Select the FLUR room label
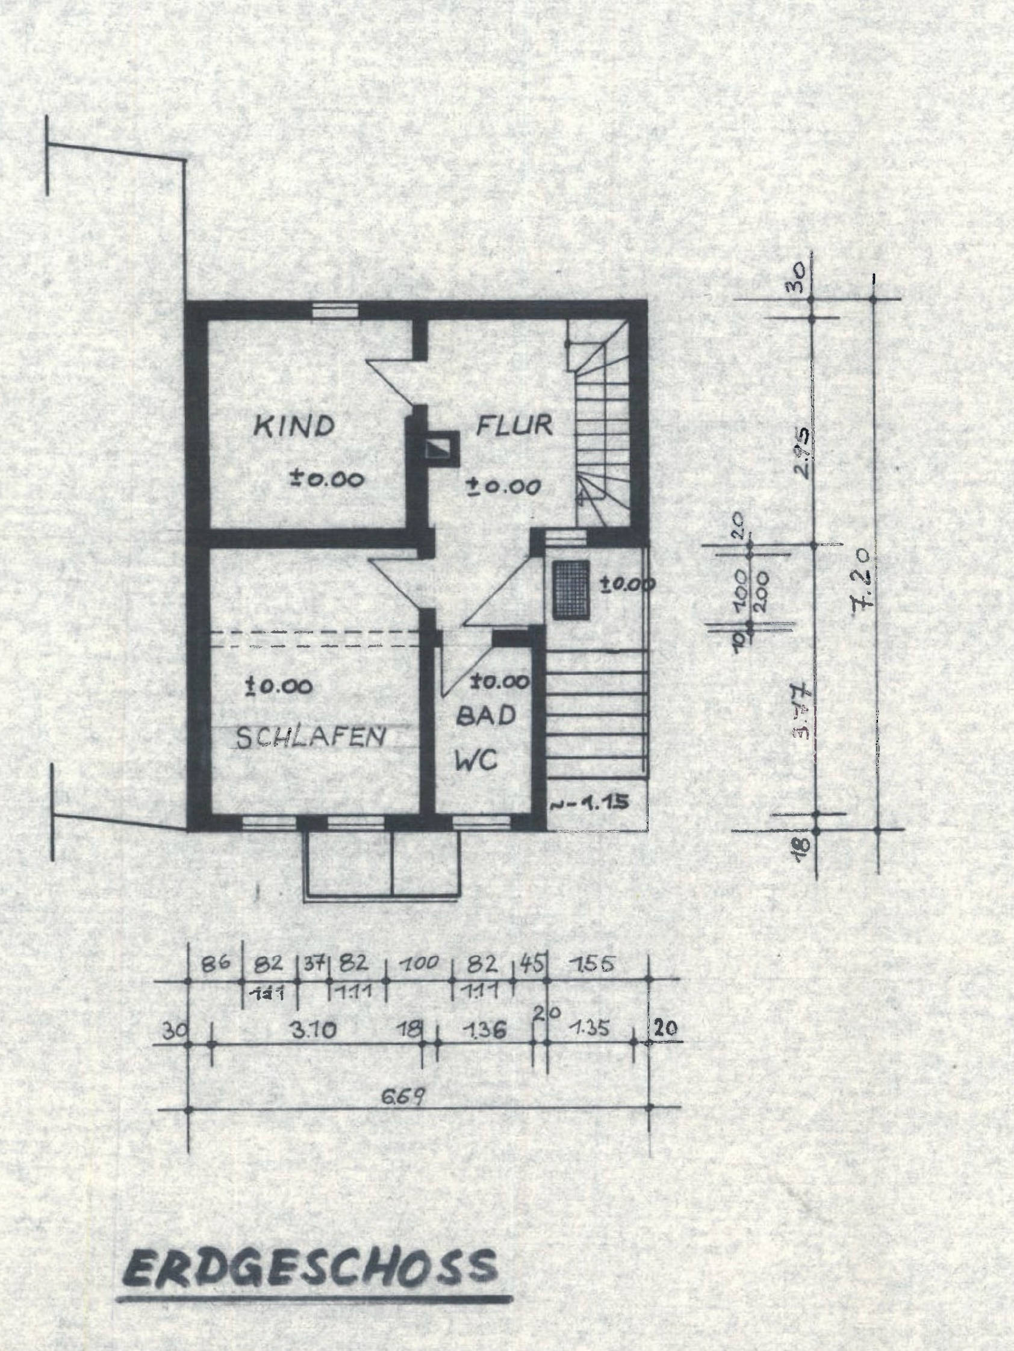tap(514, 424)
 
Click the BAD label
tap(487, 716)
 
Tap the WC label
tap(477, 761)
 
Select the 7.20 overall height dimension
tap(862, 577)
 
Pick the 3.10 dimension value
tap(314, 1031)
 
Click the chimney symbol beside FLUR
tap(438, 449)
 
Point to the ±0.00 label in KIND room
tap(327, 478)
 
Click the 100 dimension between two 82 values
tap(420, 964)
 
